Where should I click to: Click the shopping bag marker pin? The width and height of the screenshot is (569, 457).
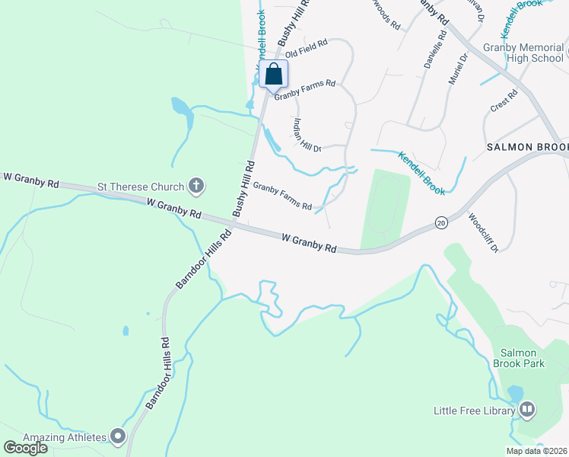(274, 75)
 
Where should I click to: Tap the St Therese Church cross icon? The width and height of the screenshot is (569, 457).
(196, 185)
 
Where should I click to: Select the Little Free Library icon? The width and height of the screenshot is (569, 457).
(527, 411)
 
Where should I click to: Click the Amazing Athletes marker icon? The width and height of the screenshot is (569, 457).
(117, 436)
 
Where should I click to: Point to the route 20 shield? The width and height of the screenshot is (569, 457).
(441, 223)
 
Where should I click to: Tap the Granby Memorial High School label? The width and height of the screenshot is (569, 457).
(523, 53)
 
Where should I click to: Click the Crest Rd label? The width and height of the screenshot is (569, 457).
(504, 101)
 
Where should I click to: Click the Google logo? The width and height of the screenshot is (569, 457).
(25, 448)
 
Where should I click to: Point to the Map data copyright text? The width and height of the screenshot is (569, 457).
(536, 451)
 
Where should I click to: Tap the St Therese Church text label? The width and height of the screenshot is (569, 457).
(141, 187)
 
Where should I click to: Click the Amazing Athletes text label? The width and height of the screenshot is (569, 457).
(65, 437)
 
